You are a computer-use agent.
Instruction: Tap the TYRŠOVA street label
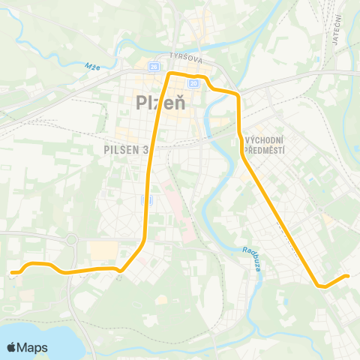(x=187, y=57)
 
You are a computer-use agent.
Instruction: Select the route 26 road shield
(x=154, y=67)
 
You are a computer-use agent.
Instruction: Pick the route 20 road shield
(x=193, y=83)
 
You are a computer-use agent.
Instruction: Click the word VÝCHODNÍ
(x=264, y=141)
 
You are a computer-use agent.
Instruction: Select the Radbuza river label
(x=251, y=259)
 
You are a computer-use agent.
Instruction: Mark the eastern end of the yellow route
(x=347, y=276)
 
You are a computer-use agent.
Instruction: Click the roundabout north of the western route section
(x=73, y=239)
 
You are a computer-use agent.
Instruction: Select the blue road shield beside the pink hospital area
(x=146, y=199)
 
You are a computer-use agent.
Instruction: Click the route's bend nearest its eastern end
(x=320, y=286)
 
